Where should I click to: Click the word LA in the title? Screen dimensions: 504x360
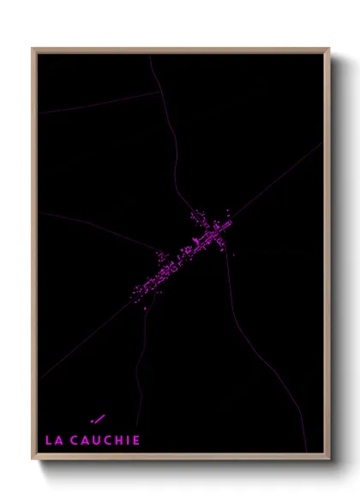tap(53, 440)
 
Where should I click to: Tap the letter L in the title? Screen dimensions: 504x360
tap(49, 440)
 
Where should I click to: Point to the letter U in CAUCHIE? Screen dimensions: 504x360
tap(95, 440)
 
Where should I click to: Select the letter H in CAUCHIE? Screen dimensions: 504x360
tap(117, 440)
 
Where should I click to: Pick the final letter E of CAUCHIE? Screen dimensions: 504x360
tap(135, 440)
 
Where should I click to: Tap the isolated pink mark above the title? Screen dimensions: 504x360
tap(97, 418)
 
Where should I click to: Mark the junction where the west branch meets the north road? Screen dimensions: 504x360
tap(160, 92)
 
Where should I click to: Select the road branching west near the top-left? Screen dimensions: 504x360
tap(94, 104)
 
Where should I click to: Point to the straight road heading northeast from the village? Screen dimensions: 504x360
tap(274, 180)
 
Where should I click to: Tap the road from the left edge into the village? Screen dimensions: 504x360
tap(94, 223)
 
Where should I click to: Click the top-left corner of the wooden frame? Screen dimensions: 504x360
tap(33, 50)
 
